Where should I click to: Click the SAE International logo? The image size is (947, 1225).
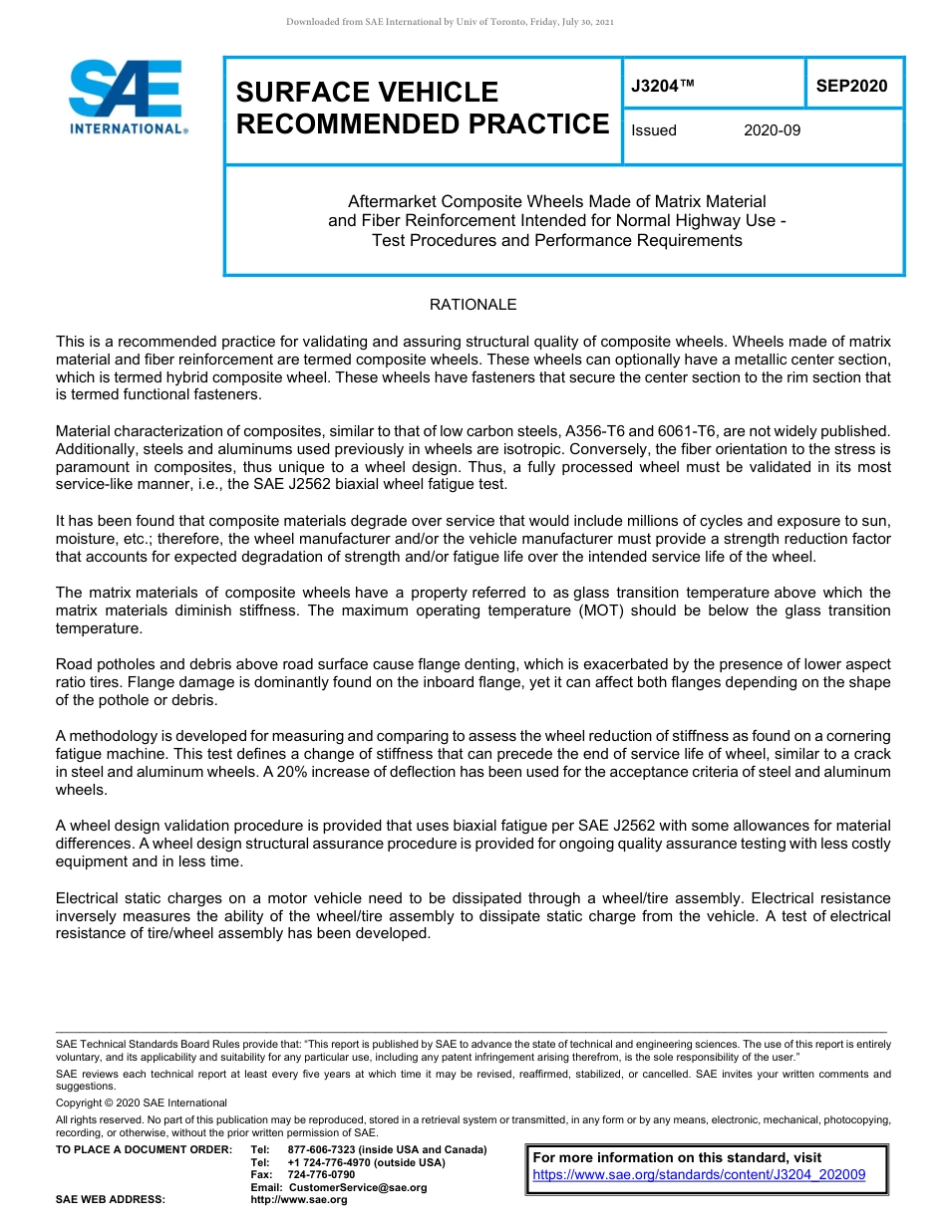(127, 97)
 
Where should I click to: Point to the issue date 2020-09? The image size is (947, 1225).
(772, 130)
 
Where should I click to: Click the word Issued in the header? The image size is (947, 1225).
(654, 130)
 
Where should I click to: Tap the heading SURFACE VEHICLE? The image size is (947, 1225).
(366, 93)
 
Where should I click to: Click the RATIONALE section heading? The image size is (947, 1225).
(473, 305)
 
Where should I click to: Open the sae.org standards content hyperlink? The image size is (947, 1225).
(699, 1175)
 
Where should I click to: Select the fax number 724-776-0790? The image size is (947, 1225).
(321, 1175)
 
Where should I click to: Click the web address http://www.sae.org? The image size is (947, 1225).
(298, 1199)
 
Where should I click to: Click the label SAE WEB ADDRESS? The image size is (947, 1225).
(110, 1199)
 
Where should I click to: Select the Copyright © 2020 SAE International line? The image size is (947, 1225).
(142, 1102)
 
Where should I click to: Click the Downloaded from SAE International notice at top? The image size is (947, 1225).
(450, 21)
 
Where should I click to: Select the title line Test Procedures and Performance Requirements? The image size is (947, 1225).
(556, 240)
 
